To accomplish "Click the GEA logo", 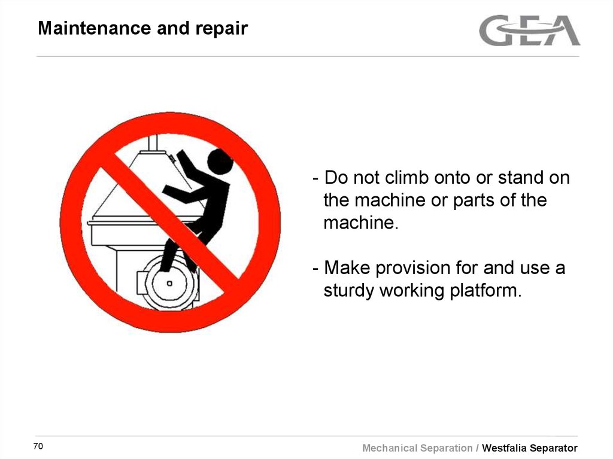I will (x=529, y=31).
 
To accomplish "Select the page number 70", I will (x=38, y=447).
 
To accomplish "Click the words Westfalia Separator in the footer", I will (x=530, y=448).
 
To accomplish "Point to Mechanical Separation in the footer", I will (x=417, y=448).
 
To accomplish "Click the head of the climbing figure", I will (x=220, y=162).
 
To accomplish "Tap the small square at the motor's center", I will (x=169, y=283).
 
